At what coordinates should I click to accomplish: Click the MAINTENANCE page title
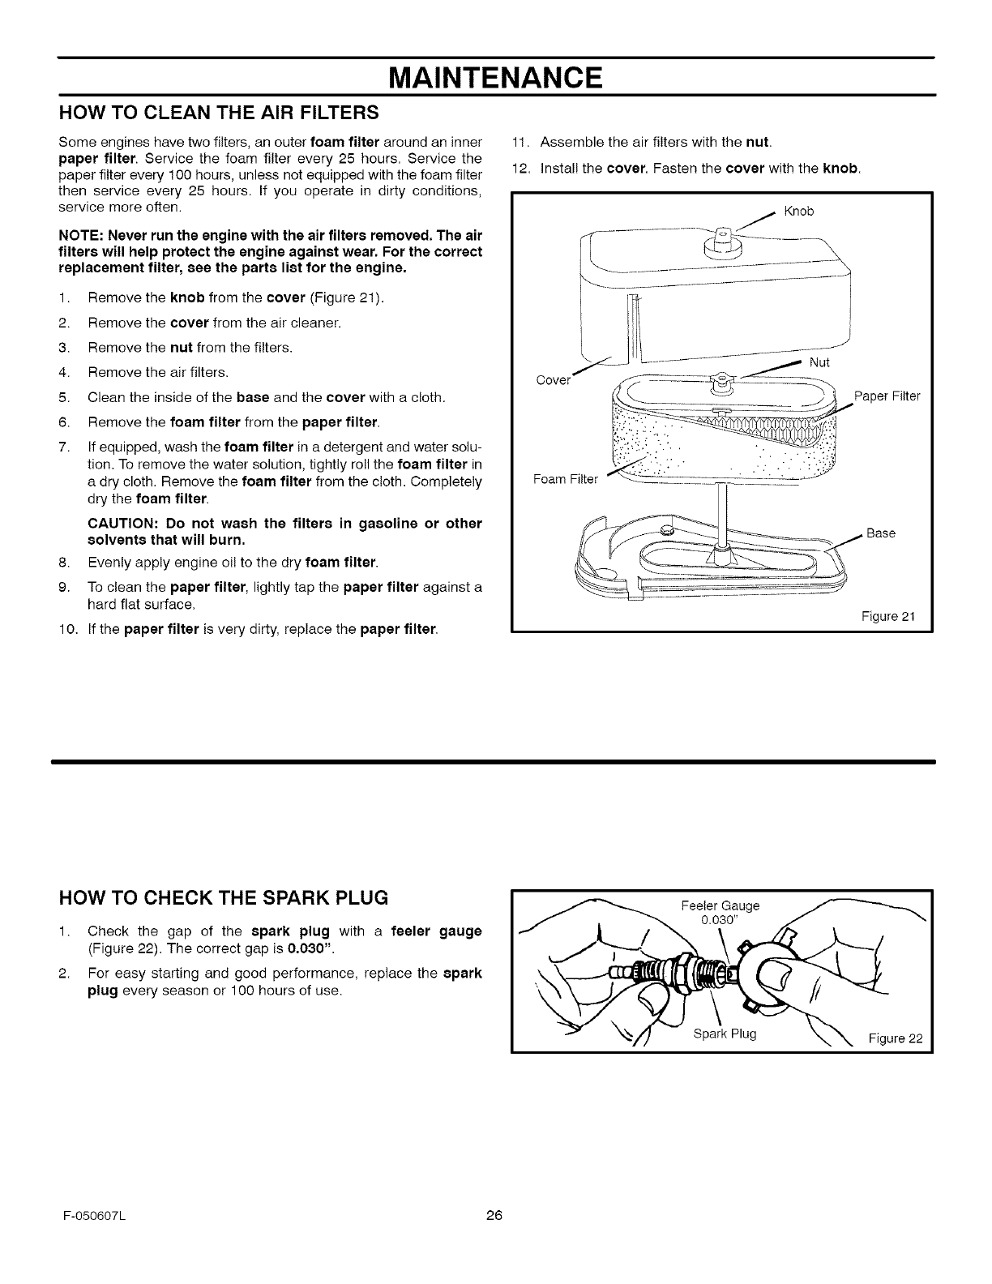[496, 78]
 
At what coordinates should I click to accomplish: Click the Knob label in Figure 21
[798, 212]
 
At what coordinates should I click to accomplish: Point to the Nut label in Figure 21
[819, 362]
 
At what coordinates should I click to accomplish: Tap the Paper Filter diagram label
[887, 396]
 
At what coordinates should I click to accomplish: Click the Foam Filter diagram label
[565, 479]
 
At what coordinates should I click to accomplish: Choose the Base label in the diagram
[881, 533]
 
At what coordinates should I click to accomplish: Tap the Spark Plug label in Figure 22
[725, 1034]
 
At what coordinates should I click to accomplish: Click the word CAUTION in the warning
[120, 523]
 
